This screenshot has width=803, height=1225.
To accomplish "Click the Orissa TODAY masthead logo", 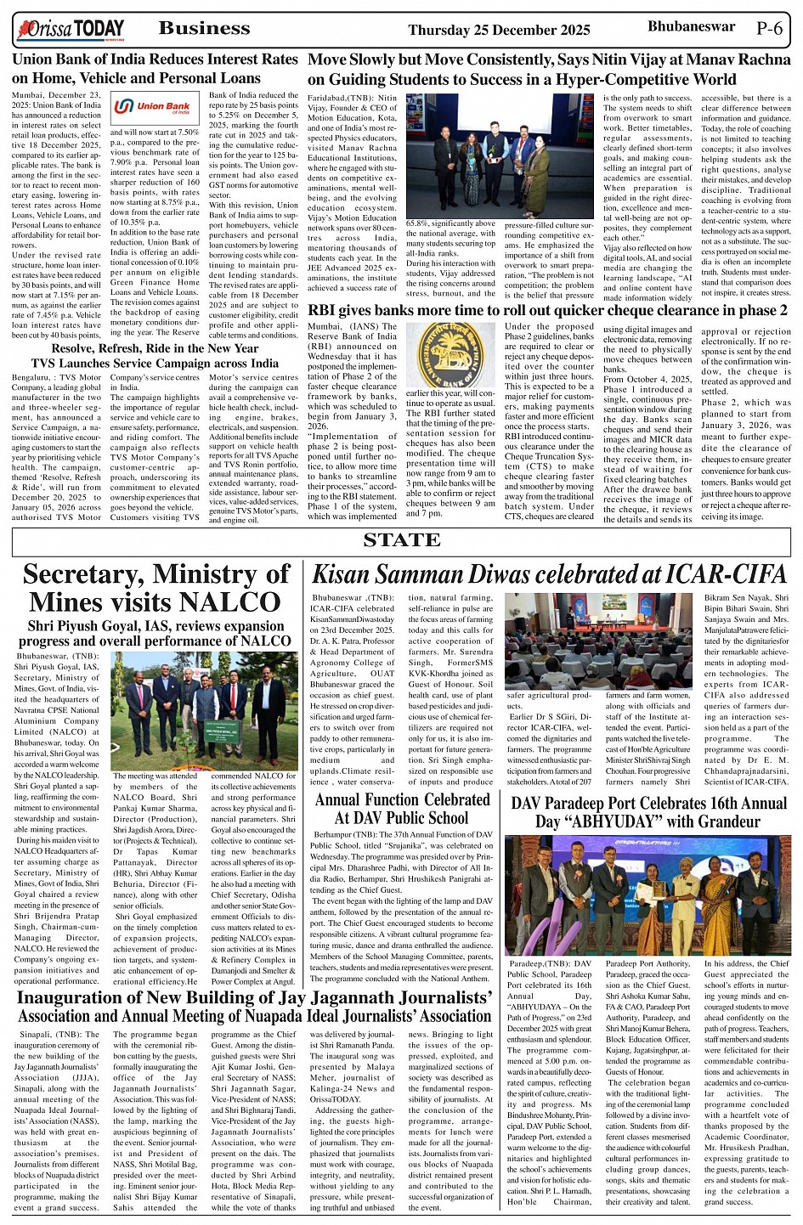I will coord(71,31).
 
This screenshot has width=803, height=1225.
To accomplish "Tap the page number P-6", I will coord(769,28).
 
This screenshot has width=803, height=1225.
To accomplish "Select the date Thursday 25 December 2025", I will coord(499,30).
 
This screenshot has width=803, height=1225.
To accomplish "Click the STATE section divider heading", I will coord(401,540).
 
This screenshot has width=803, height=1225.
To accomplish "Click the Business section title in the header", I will coord(204,29).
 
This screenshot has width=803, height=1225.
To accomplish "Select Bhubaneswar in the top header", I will coord(691,26).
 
